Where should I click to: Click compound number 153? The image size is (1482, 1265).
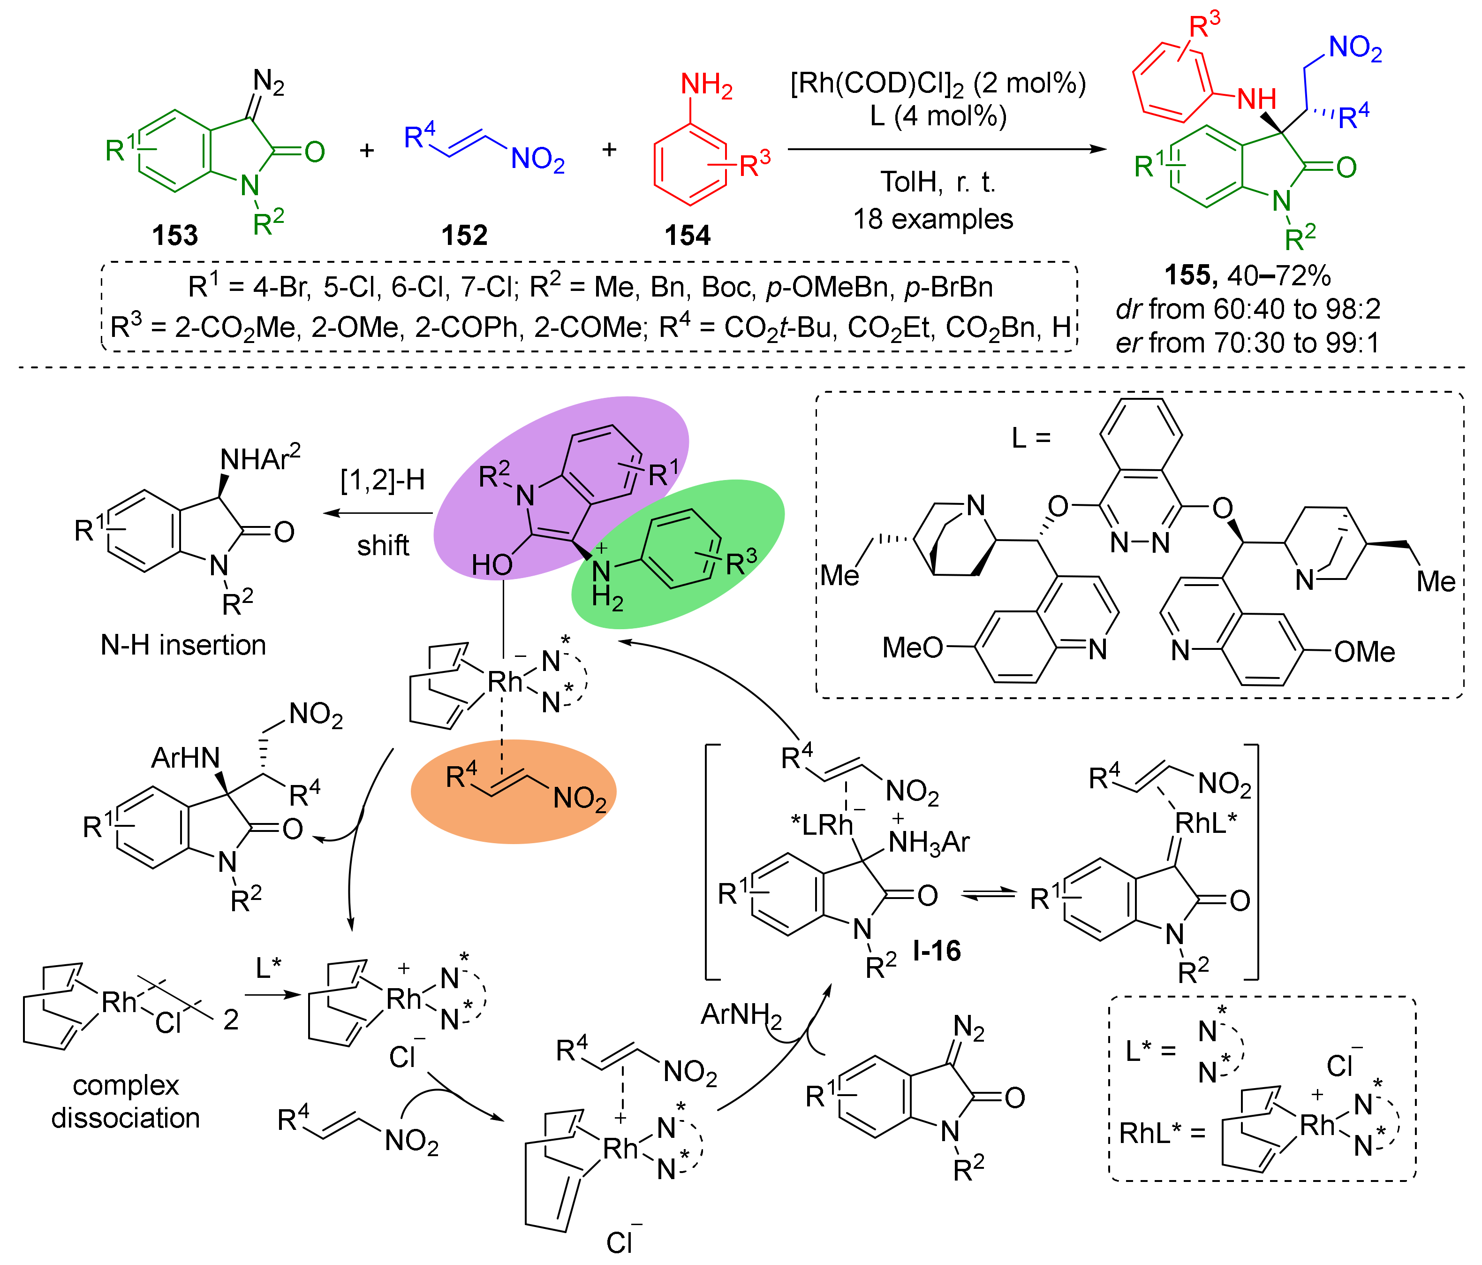174,235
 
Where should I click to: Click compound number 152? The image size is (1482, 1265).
464,235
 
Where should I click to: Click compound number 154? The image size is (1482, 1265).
688,235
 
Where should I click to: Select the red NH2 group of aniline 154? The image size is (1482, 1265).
706,85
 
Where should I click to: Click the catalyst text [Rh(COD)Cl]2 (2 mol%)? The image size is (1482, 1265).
938,84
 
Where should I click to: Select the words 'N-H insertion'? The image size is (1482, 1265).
183,645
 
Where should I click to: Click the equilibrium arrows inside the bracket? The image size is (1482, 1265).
989,894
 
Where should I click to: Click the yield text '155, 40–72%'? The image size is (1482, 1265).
1248,275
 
